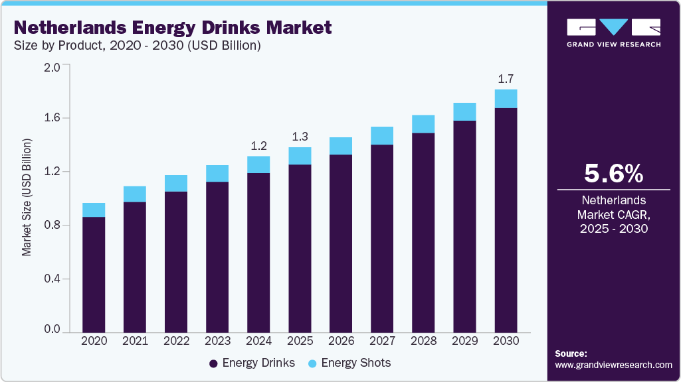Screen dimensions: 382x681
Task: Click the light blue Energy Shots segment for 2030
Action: point(506,99)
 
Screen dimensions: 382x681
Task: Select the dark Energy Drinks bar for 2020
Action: point(94,274)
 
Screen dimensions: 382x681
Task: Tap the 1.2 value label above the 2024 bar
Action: point(258,146)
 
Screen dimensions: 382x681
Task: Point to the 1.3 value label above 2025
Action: point(300,137)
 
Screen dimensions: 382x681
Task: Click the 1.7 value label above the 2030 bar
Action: point(506,79)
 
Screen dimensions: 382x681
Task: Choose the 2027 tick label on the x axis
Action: point(382,341)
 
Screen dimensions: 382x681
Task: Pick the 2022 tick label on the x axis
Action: point(176,341)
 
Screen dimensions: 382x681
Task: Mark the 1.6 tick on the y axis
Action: point(52,118)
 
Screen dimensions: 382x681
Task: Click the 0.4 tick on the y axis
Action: point(52,279)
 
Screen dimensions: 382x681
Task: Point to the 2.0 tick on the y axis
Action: point(52,66)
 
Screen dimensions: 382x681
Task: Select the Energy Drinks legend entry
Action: point(252,363)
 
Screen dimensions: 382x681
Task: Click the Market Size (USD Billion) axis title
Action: point(27,198)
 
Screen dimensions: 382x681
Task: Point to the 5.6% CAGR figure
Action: point(613,174)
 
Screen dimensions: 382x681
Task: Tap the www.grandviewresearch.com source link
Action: point(613,365)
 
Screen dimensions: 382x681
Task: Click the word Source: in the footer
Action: point(570,353)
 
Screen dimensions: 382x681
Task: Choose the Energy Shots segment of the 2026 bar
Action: point(341,146)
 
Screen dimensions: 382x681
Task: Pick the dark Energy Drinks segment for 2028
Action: point(423,232)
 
